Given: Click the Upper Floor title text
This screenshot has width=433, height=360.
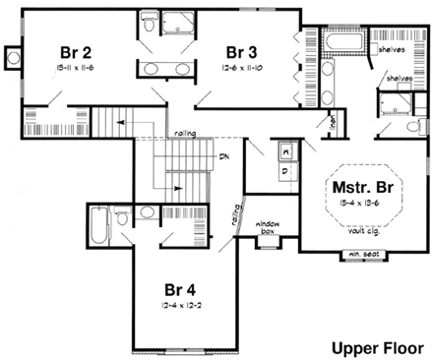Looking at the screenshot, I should (374, 346).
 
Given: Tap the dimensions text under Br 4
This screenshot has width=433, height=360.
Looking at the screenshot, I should (183, 309).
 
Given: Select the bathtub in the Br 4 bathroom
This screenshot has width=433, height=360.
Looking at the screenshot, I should (100, 227).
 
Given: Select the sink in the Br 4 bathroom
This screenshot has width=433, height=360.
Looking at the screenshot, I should (145, 212).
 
